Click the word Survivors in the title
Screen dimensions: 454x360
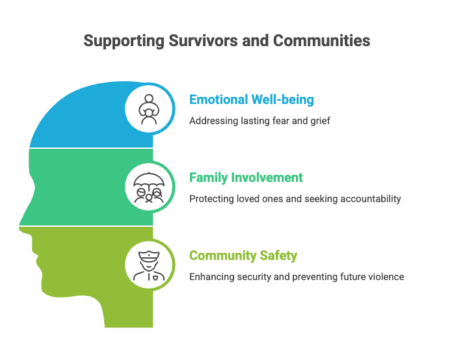click(203, 40)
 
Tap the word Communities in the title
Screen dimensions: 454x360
click(322, 40)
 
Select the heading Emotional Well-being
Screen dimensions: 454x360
click(252, 99)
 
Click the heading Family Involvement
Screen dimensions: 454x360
click(246, 177)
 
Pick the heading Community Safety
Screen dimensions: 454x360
click(243, 255)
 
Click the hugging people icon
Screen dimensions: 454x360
click(149, 109)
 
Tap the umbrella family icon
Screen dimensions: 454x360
click(149, 187)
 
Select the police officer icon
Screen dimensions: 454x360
click(149, 265)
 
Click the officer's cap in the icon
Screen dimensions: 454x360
click(149, 255)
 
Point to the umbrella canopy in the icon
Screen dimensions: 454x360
click(149, 179)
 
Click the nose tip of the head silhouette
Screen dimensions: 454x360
click(20, 224)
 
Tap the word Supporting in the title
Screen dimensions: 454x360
click(124, 41)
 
